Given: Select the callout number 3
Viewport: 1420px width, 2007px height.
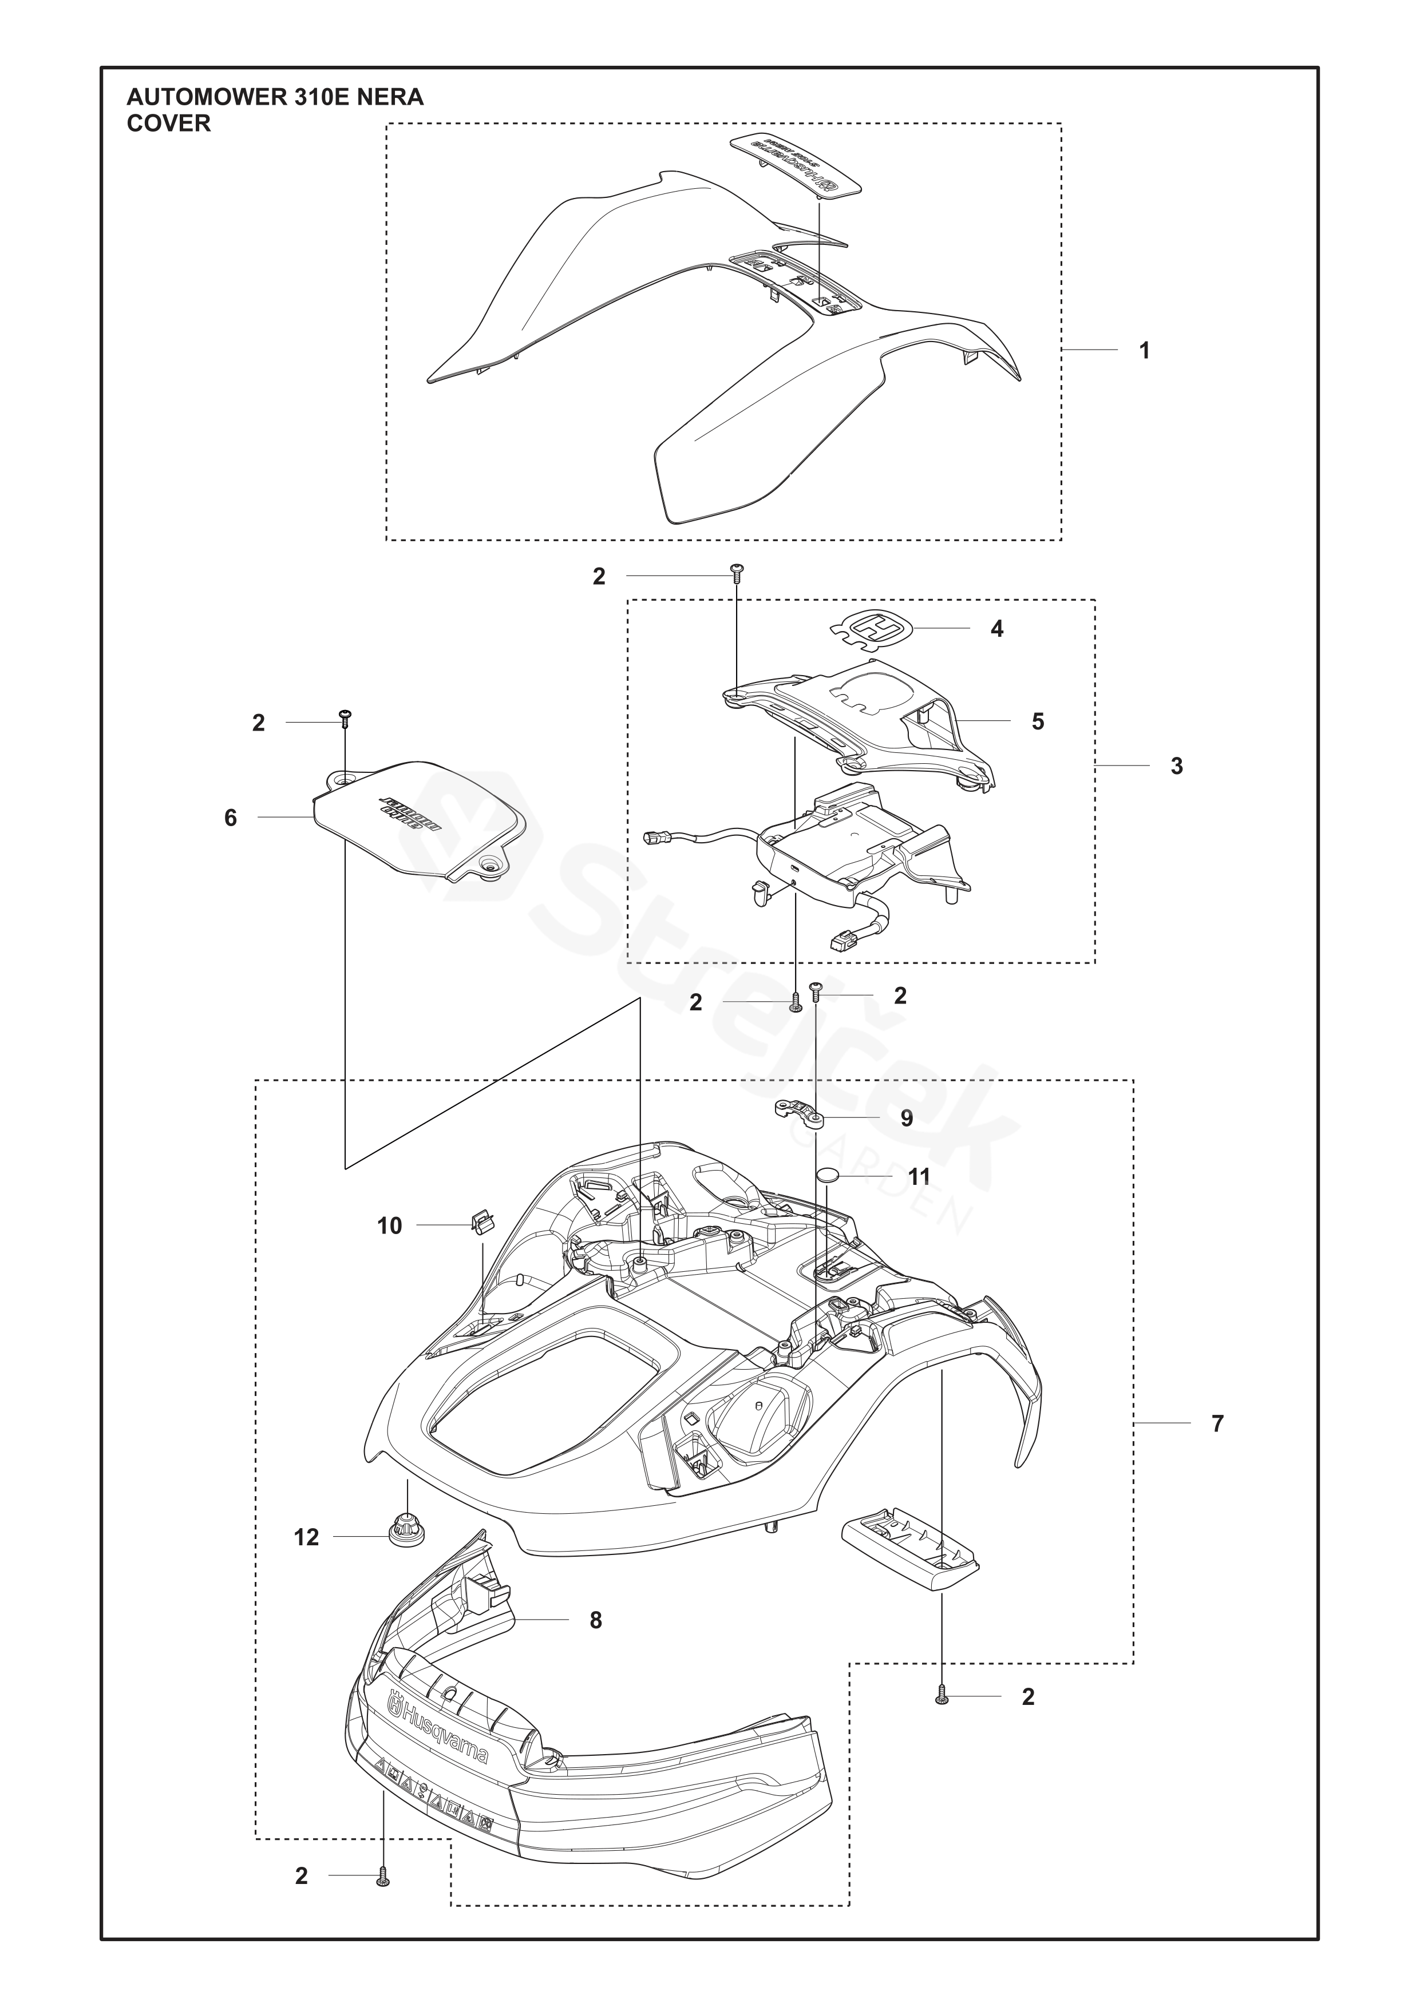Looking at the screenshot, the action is coord(1176,765).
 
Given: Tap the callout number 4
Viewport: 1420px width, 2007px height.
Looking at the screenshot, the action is coord(997,629).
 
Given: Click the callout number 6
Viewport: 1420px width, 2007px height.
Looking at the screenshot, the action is coord(231,818).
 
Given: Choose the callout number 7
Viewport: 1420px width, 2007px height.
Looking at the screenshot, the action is coord(1217,1424).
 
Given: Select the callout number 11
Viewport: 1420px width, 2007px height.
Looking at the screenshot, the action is coord(919,1177).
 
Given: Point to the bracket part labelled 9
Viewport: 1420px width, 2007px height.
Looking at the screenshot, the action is coord(796,1111).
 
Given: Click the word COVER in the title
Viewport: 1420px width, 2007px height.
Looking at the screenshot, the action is coord(169,124).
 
